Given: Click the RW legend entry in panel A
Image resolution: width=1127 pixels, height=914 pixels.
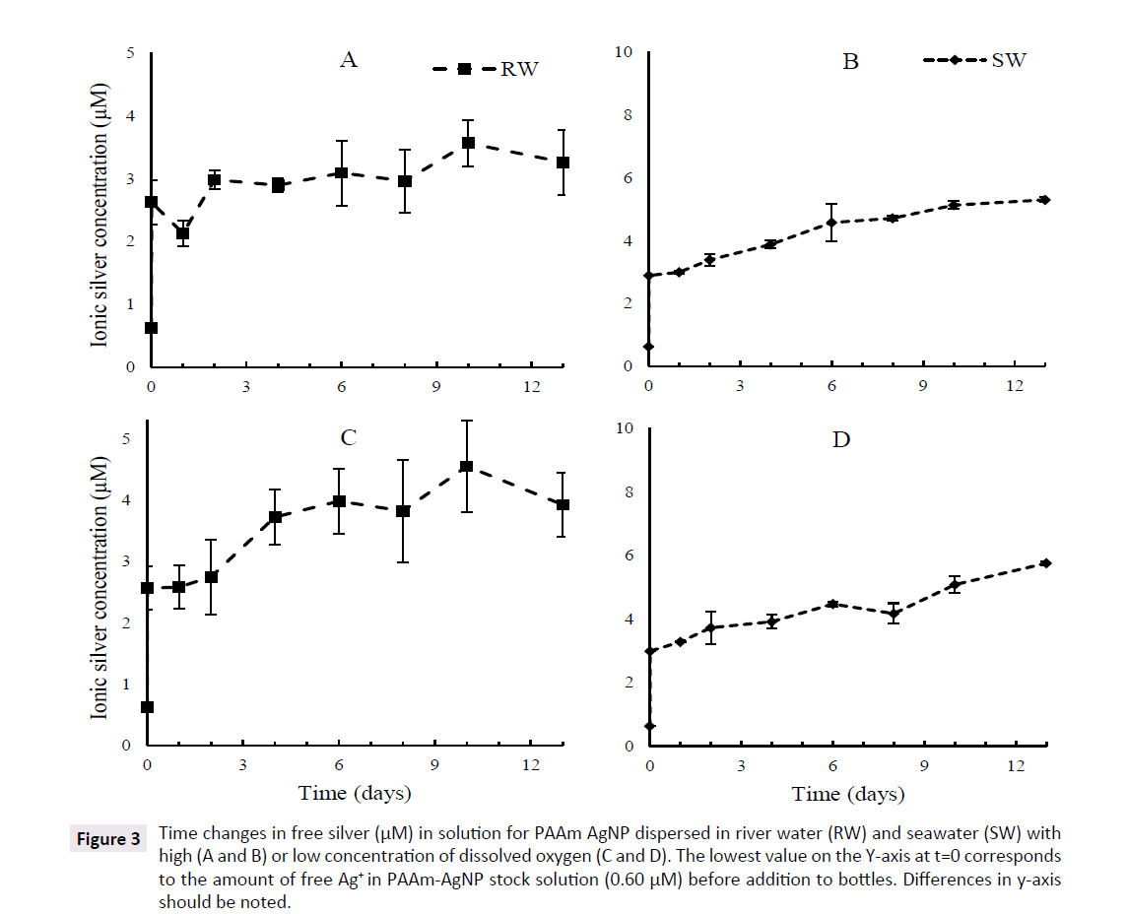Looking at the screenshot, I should pos(487,69).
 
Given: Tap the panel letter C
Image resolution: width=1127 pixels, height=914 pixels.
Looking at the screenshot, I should pos(348,438).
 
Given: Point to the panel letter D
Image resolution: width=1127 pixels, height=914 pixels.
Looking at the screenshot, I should pos(840,439).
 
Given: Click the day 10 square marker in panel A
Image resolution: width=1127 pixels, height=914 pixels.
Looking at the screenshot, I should pos(469,143).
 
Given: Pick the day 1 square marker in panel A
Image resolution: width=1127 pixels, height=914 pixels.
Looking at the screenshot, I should pos(183,233).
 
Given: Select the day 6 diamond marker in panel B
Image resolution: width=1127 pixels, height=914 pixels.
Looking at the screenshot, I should pos(831,223).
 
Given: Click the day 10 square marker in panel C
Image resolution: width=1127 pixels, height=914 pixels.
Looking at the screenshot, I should pos(467,467).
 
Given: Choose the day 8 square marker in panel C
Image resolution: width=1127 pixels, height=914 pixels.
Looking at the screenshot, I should pos(403,511).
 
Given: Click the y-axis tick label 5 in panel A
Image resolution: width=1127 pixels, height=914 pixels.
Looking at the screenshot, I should pos(131,52).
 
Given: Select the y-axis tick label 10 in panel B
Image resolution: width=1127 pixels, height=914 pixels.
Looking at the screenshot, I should pos(623,52).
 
